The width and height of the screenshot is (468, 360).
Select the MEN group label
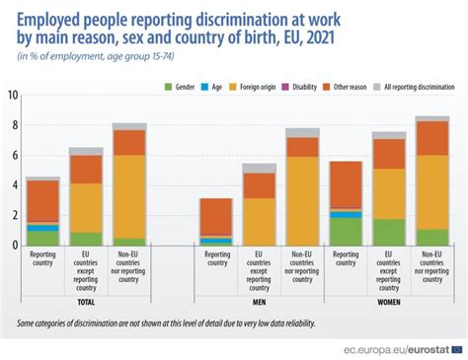pos(260,303)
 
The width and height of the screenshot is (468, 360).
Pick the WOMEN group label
pos(390,303)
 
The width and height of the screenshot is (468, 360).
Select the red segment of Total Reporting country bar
pos(42,201)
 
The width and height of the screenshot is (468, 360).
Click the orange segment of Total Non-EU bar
pos(129,196)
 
